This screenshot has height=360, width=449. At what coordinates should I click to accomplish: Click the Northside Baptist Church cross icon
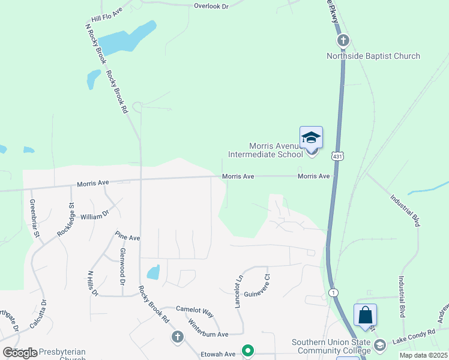[x=343, y=41]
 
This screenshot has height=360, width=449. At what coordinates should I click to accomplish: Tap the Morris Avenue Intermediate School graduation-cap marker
[x=311, y=139]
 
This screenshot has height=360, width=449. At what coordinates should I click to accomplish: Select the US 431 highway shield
[x=339, y=155]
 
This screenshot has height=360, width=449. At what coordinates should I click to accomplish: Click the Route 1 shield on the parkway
[x=334, y=292]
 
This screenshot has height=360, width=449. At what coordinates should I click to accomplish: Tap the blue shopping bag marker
[x=365, y=316]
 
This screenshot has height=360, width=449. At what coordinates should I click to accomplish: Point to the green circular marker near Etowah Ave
[x=247, y=350]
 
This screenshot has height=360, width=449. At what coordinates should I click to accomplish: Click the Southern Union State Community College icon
[x=379, y=345]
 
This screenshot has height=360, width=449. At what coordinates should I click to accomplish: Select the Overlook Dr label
[x=211, y=6]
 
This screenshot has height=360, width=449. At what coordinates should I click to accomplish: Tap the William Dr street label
[x=95, y=214]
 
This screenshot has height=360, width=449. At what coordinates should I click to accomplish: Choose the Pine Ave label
[x=127, y=238]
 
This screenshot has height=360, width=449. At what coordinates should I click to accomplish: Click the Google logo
[x=20, y=352]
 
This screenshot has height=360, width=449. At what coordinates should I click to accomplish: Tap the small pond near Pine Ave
[x=154, y=272]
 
